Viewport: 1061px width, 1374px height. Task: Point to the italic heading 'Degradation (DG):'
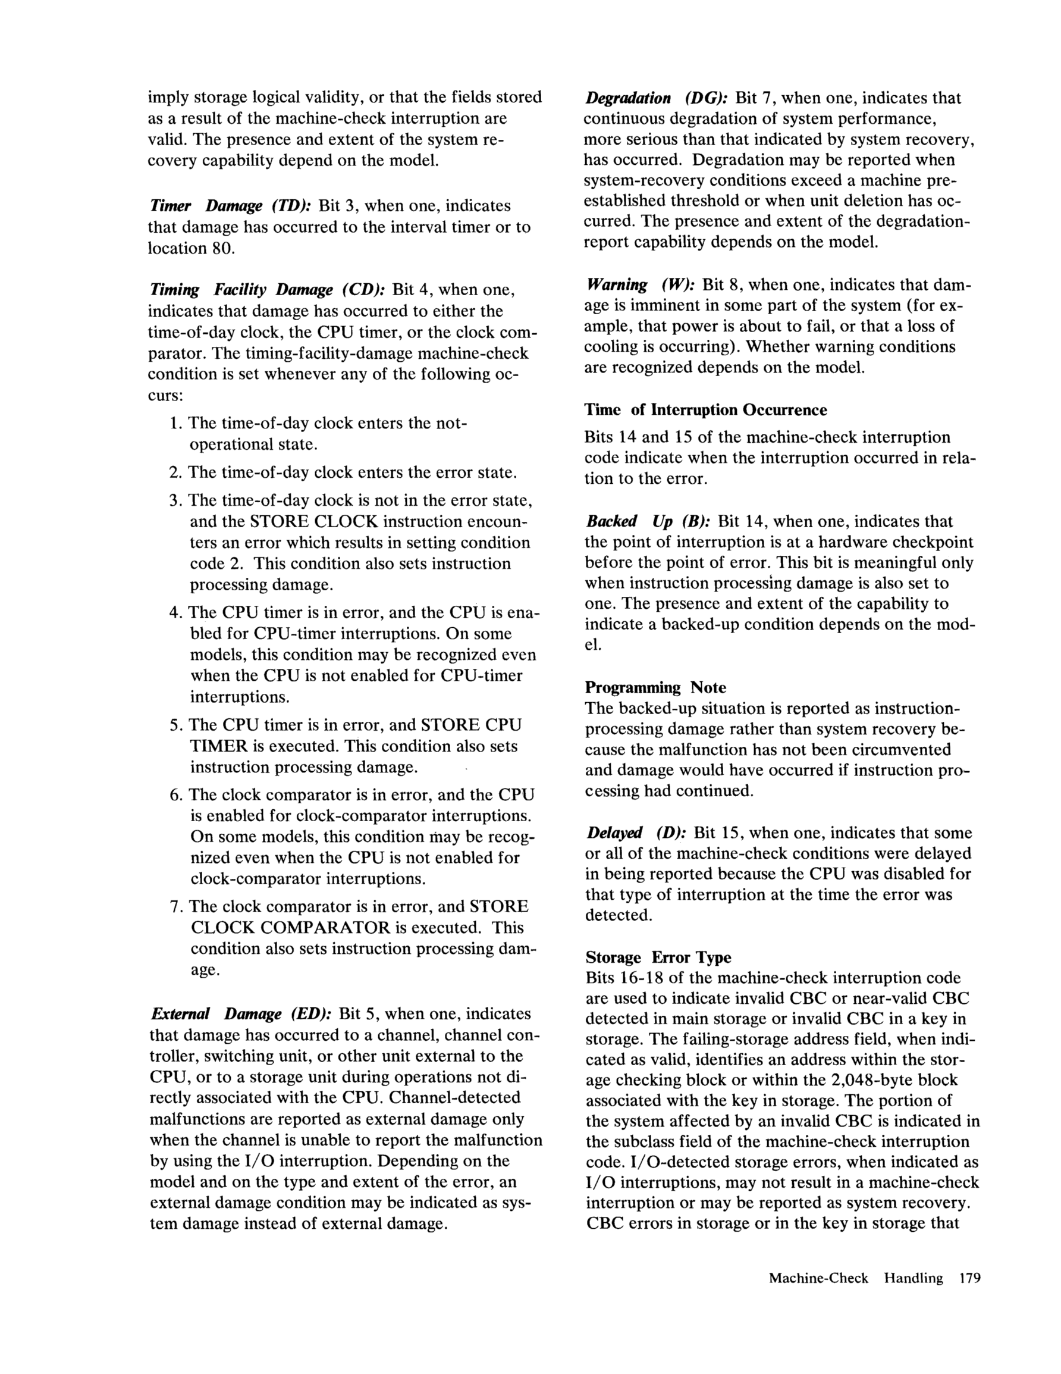pos(656,98)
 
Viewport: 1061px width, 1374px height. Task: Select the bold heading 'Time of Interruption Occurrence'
pos(706,410)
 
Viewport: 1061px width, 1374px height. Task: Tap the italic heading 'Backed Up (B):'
pos(648,521)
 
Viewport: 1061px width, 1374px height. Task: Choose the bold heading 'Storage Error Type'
pos(658,957)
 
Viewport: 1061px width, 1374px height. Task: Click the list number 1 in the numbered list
pos(175,422)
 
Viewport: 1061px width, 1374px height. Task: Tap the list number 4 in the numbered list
pos(175,613)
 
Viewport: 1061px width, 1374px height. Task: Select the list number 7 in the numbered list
pos(175,906)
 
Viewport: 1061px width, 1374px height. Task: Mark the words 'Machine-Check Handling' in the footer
pos(856,1278)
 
